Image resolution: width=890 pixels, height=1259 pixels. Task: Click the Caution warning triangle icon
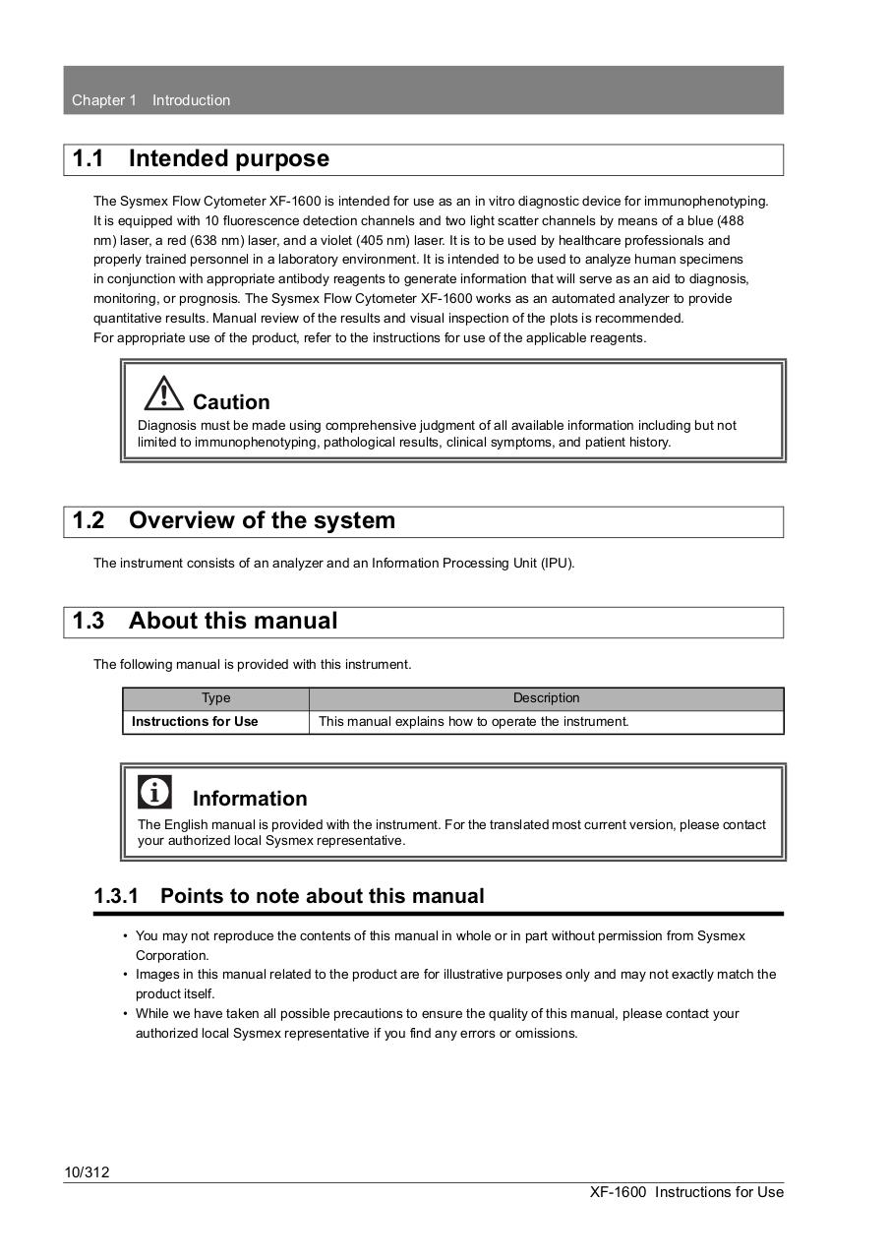point(162,393)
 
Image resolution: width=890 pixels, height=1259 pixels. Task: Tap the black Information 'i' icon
point(154,792)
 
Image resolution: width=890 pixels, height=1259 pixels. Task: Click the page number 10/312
point(87,1171)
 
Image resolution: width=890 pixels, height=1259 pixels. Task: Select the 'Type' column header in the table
point(215,698)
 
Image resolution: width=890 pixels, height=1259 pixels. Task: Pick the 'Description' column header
point(546,698)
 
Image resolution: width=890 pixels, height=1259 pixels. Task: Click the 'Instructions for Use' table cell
point(195,722)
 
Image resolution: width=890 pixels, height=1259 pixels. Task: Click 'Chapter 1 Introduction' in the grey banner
point(150,100)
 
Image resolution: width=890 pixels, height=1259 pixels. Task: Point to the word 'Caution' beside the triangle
point(231,402)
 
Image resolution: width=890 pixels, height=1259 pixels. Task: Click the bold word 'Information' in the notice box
point(250,799)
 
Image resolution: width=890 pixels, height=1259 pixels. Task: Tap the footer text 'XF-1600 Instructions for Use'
point(686,1192)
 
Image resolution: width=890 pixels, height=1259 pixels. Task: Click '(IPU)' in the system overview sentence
point(557,564)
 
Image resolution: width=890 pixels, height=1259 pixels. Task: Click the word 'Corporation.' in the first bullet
point(172,955)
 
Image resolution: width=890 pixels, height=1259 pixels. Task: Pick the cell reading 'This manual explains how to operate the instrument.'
point(474,722)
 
